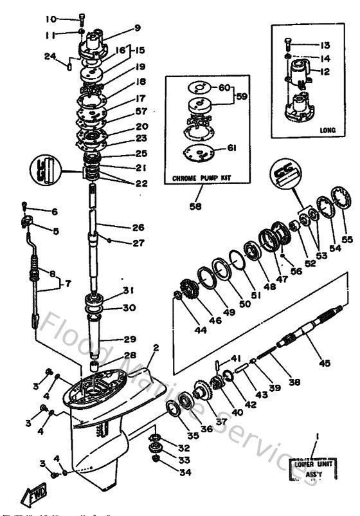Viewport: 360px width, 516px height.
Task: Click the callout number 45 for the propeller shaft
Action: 325,364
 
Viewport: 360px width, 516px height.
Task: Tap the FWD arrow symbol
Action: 32,495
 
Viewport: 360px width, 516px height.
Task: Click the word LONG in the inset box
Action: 328,130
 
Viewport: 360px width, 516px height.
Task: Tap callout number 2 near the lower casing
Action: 155,348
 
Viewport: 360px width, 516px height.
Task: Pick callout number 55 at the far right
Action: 347,239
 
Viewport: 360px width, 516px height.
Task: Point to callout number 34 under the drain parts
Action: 184,472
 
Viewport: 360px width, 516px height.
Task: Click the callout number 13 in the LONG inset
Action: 324,45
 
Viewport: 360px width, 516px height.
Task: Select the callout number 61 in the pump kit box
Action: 230,148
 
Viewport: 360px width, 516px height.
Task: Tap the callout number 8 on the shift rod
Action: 35,273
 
